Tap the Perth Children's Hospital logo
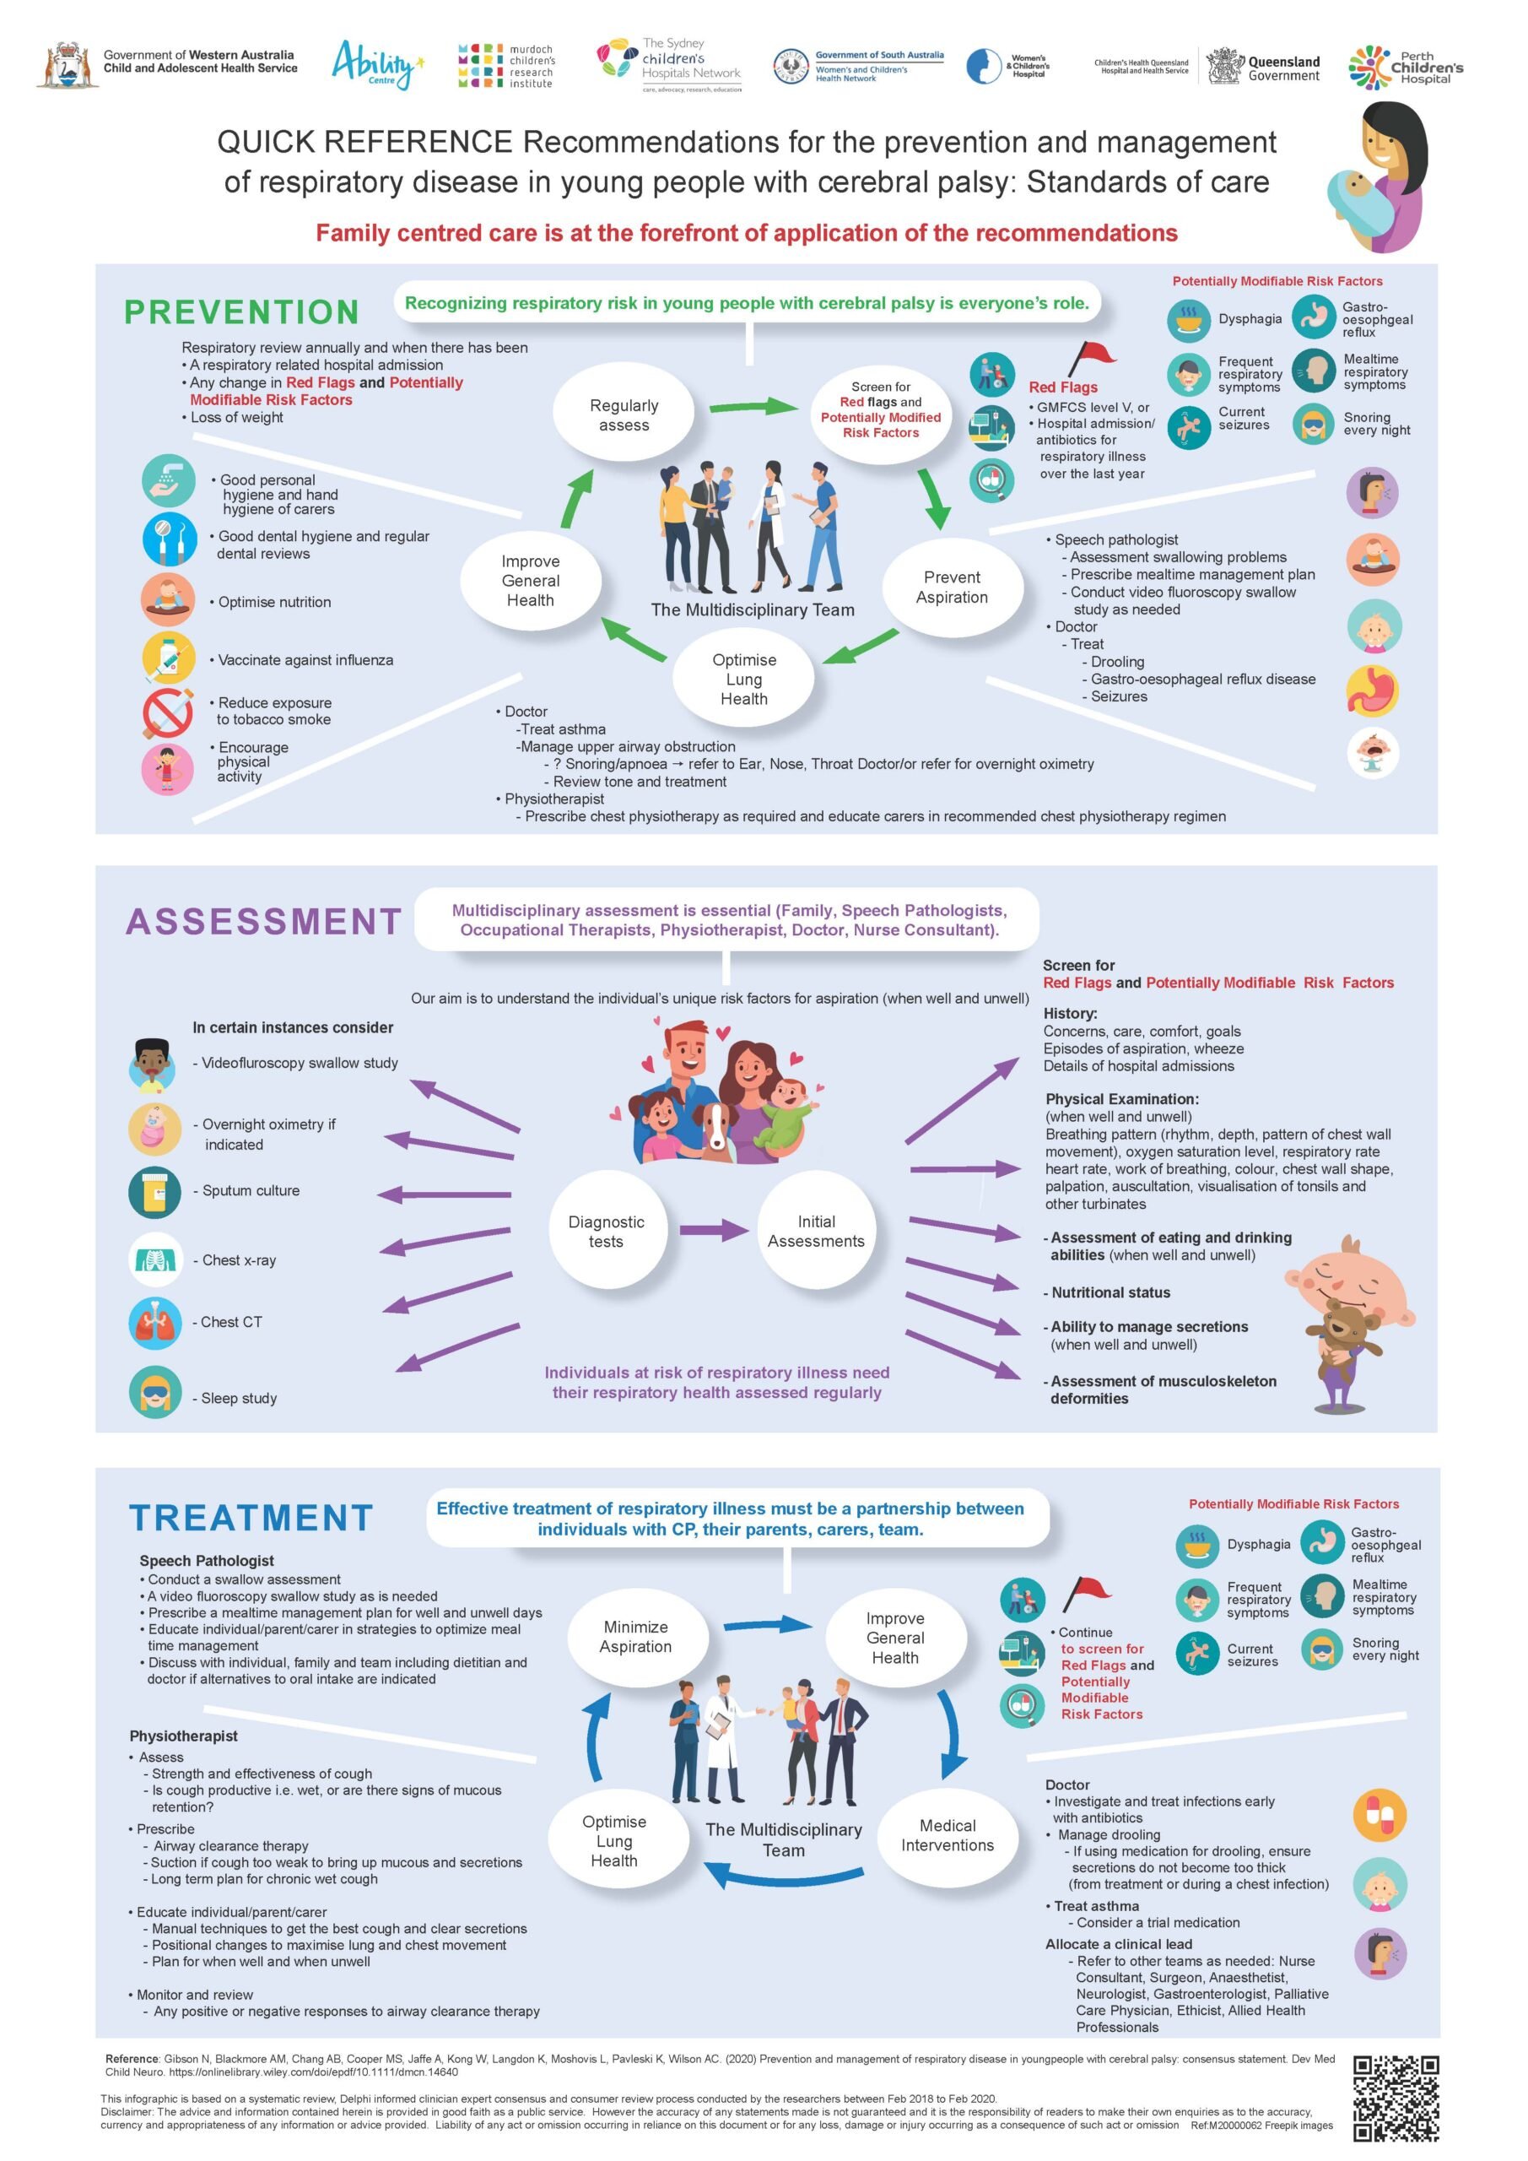coord(1406,67)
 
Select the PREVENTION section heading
coord(242,311)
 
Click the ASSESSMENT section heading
coord(263,922)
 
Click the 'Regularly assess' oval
coord(624,414)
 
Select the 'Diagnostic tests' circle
coord(606,1230)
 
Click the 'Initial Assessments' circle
coord(816,1230)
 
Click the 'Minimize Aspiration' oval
coord(636,1637)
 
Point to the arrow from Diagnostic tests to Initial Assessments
coord(714,1229)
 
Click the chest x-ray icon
coord(155,1259)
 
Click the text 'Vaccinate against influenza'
coord(305,661)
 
